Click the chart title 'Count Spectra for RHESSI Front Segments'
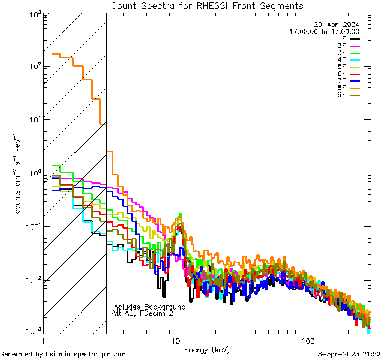point(207,5)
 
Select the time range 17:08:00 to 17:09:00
point(324,31)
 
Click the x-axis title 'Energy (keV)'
point(206,349)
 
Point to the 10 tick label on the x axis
point(176,340)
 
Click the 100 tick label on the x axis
point(308,340)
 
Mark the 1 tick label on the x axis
point(44,340)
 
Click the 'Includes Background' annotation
point(149,307)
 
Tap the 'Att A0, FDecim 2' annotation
point(143,313)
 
